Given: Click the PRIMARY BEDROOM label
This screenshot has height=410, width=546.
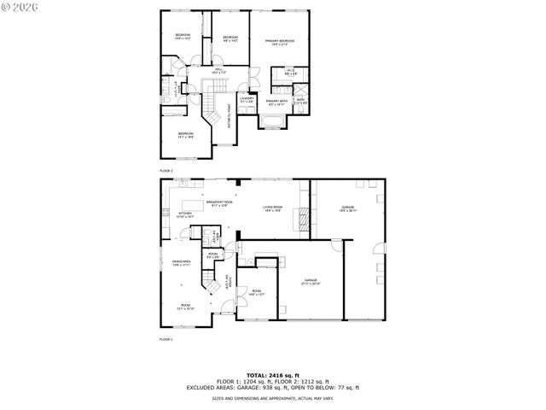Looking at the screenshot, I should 279,42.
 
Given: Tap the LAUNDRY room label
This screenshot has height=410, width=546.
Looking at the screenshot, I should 247,98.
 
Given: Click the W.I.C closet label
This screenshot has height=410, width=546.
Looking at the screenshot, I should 290,73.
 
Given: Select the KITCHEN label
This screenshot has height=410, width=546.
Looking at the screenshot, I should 185,215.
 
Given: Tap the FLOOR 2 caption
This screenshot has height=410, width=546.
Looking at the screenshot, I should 166,169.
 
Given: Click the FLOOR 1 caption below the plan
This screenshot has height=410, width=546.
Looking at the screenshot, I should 166,338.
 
